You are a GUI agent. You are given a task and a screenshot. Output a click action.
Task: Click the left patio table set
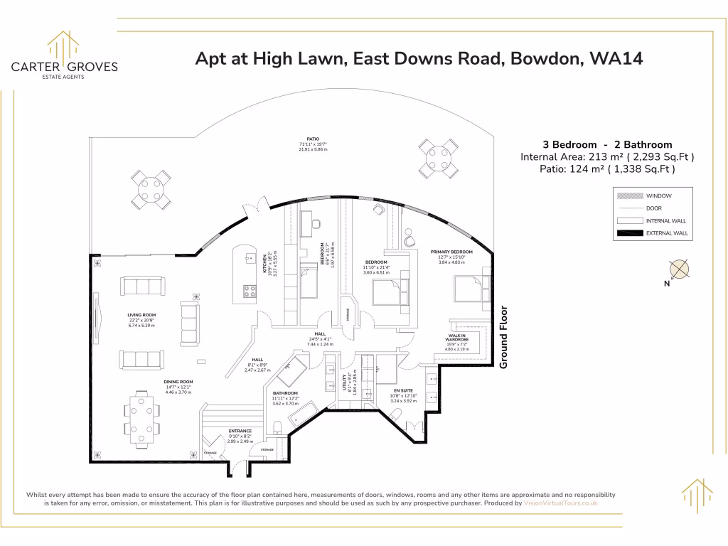(149, 189)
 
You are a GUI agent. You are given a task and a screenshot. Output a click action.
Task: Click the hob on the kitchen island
(250, 290)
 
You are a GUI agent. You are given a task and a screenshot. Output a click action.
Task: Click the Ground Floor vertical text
(504, 336)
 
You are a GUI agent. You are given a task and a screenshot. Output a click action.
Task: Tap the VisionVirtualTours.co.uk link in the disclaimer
(560, 503)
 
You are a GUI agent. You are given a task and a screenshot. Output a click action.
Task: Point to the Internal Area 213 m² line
(607, 156)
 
